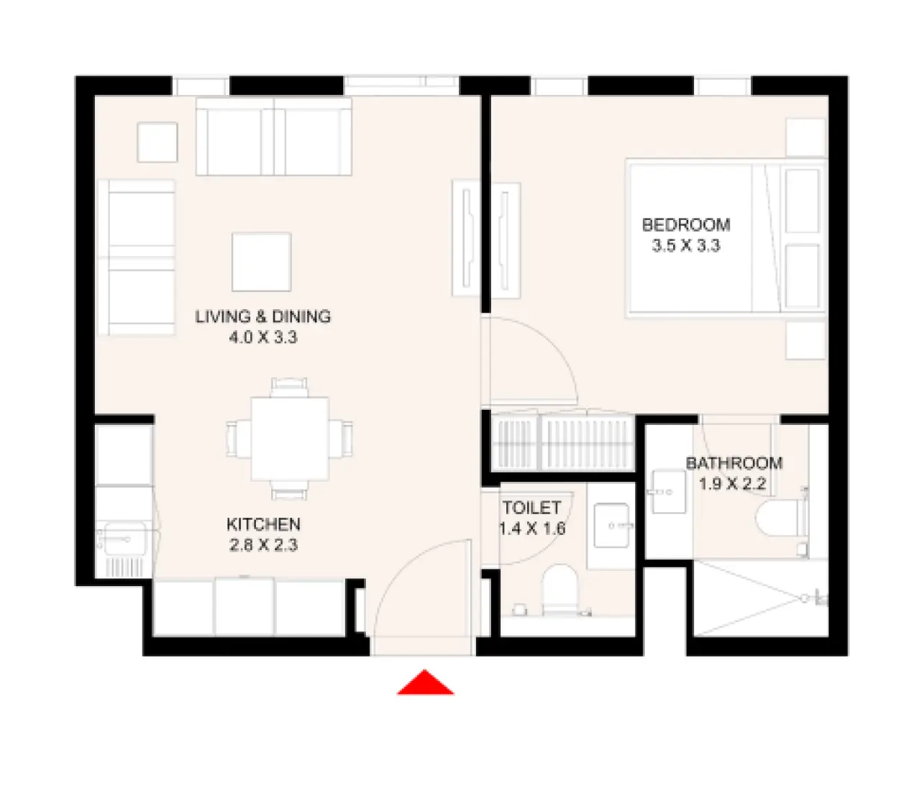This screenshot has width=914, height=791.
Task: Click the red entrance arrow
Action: (x=425, y=684)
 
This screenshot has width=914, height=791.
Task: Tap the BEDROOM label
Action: (x=685, y=225)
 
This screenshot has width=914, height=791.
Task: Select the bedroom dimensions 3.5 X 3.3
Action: (x=685, y=246)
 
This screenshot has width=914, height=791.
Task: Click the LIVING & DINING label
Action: (x=263, y=316)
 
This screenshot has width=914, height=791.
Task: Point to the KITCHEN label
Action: (x=263, y=524)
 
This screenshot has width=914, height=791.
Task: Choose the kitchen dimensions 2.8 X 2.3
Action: (x=263, y=545)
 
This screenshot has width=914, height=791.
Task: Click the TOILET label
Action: (x=531, y=508)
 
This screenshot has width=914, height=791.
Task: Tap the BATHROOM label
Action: (x=734, y=464)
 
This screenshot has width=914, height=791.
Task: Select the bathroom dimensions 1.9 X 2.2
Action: (x=732, y=484)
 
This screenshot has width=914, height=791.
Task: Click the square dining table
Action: (x=290, y=439)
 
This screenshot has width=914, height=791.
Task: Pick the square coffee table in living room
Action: (x=261, y=262)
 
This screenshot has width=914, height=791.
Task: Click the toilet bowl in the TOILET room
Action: (x=560, y=590)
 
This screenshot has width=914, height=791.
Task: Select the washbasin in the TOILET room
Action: (x=612, y=526)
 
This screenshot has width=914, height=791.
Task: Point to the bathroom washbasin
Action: (x=668, y=492)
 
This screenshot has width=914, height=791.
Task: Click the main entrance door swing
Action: (x=421, y=590)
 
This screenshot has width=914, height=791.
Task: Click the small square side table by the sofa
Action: (x=157, y=142)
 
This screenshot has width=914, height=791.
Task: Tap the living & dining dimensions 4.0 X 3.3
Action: (x=263, y=337)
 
